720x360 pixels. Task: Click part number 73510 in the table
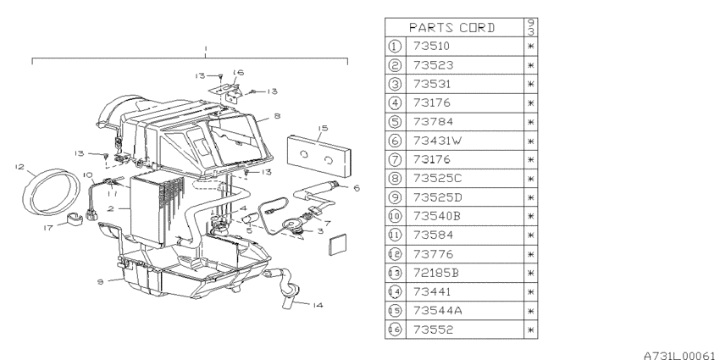click(x=431, y=47)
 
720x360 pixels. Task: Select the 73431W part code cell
click(x=437, y=141)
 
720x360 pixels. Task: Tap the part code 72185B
click(x=435, y=273)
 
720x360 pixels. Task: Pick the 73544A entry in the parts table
click(x=437, y=310)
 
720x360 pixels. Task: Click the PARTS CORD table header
click(x=452, y=28)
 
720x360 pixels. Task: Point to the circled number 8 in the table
click(x=395, y=178)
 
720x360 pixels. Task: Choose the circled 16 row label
click(x=395, y=330)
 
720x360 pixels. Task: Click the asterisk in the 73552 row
click(x=531, y=330)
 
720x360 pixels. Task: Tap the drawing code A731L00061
click(x=678, y=356)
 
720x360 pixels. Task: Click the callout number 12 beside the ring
click(x=19, y=167)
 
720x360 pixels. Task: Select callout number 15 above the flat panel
click(x=323, y=128)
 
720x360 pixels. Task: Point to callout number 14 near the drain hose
click(x=318, y=305)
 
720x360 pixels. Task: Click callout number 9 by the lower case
click(x=101, y=281)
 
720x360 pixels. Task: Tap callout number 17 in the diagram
click(x=48, y=227)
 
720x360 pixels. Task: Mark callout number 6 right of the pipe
click(x=357, y=188)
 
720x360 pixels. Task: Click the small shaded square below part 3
click(x=338, y=245)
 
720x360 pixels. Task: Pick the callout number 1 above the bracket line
click(x=206, y=48)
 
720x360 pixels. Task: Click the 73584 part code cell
click(x=433, y=235)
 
